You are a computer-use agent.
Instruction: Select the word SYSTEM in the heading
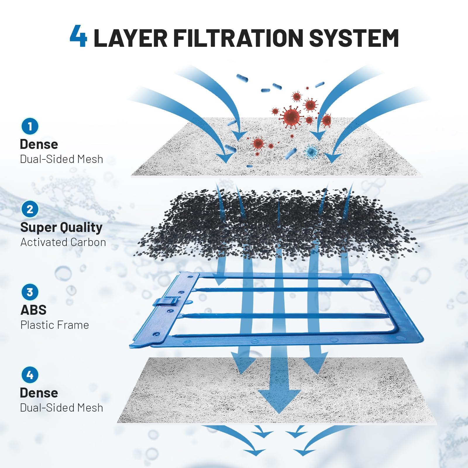pos(354,38)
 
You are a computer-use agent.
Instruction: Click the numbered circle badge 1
pos(30,126)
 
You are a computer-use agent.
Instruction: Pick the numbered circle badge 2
pos(30,209)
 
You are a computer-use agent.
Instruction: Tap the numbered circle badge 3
pos(30,292)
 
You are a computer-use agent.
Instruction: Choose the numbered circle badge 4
pos(30,375)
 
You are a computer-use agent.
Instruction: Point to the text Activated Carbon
pos(63,242)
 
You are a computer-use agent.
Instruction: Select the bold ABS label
pos(33,310)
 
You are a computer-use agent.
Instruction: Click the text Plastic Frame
pos(55,325)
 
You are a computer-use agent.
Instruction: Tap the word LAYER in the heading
pos(130,38)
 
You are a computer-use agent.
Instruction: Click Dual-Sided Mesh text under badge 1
pos(61,159)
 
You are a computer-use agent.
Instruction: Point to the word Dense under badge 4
pos(39,393)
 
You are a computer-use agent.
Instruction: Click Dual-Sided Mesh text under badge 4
pos(61,408)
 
